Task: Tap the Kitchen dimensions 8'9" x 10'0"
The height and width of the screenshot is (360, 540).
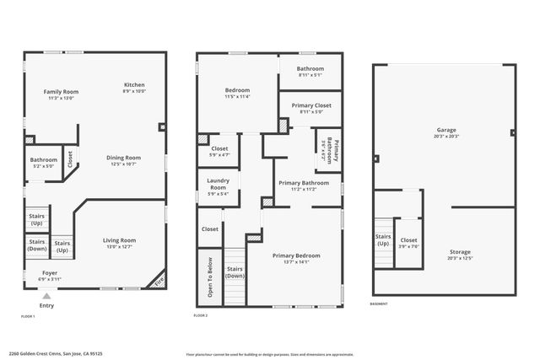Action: pyautogui.click(x=134, y=91)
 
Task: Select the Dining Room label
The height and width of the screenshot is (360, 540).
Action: pyautogui.click(x=123, y=158)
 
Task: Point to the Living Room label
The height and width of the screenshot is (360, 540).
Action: pyautogui.click(x=119, y=240)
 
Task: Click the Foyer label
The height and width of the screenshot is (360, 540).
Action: pyautogui.click(x=50, y=273)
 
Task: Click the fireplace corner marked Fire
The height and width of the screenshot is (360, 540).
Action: pyautogui.click(x=158, y=282)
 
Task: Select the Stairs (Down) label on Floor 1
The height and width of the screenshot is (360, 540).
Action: pyautogui.click(x=37, y=245)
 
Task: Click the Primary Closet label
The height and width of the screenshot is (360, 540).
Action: pyautogui.click(x=310, y=105)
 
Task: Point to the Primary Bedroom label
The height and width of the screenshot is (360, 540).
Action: pyautogui.click(x=296, y=255)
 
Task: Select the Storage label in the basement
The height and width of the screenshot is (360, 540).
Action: pyautogui.click(x=460, y=251)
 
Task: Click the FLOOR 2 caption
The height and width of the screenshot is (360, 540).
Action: pyautogui.click(x=201, y=315)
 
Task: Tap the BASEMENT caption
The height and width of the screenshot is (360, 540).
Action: pyautogui.click(x=380, y=304)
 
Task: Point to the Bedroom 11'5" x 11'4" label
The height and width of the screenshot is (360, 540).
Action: pyautogui.click(x=236, y=90)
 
